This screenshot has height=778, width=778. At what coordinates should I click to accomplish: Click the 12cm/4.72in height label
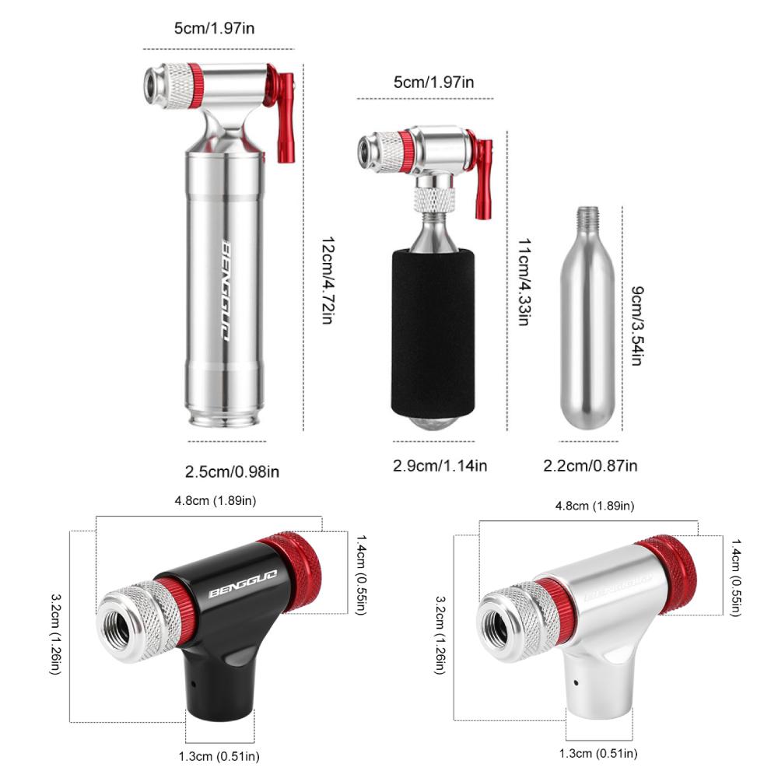point(327,281)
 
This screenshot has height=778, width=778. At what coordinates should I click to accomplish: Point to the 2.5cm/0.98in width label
point(232,471)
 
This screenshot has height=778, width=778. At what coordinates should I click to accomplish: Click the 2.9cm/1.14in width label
point(440,465)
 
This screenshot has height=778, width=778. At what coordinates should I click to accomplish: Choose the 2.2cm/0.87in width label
point(590,465)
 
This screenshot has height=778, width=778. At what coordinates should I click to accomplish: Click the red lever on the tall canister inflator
point(284,117)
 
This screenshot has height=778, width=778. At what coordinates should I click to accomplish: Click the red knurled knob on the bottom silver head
point(669,572)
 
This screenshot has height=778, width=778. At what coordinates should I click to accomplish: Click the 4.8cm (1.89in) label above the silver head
point(594,506)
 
